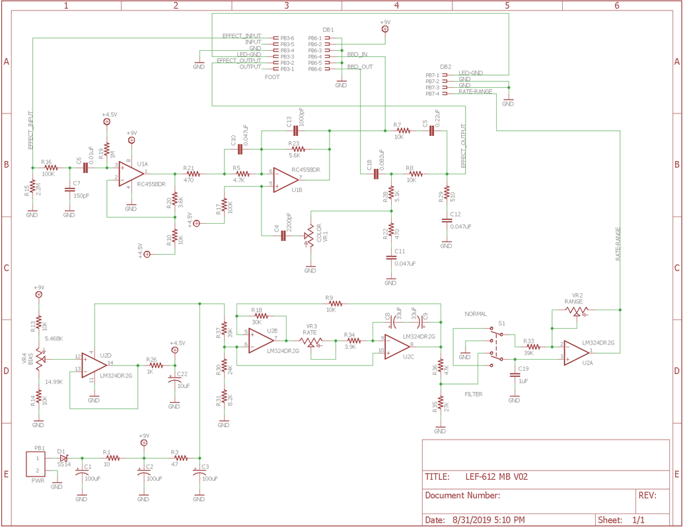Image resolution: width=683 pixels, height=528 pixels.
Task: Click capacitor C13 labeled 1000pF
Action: [x=296, y=131]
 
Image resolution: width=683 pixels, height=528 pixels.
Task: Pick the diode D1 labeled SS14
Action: [x=64, y=458]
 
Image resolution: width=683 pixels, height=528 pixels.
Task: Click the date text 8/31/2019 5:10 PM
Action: [x=488, y=519]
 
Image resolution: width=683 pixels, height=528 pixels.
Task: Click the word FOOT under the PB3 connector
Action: [x=271, y=77]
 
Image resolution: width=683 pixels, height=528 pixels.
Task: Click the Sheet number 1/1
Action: [x=639, y=519]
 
